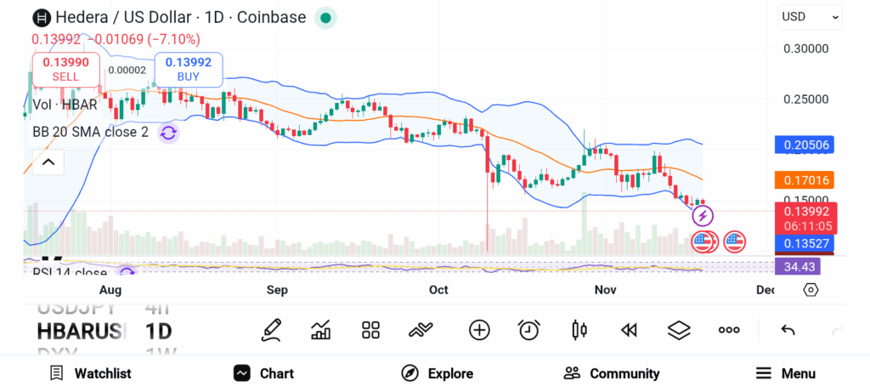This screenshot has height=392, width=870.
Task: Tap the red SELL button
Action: click(65, 69)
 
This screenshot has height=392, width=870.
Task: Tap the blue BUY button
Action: click(189, 69)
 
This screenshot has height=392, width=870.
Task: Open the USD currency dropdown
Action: click(810, 16)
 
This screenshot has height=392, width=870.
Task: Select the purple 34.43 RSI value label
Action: click(799, 266)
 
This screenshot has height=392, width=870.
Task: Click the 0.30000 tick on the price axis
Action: click(805, 49)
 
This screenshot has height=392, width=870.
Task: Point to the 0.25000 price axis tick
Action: click(805, 99)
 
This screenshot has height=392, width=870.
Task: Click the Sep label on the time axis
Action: click(277, 290)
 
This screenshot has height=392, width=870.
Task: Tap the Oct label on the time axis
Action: click(438, 290)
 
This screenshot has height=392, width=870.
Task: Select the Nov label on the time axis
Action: click(605, 290)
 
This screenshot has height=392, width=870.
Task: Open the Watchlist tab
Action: click(90, 373)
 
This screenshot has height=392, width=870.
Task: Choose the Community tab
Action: click(612, 373)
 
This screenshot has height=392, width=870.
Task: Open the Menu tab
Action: click(786, 373)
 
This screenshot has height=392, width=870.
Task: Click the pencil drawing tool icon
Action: click(272, 330)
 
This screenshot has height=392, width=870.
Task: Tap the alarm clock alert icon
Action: click(529, 330)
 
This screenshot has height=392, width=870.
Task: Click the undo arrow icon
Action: click(788, 330)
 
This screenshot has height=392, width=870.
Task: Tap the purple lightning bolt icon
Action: click(703, 218)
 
